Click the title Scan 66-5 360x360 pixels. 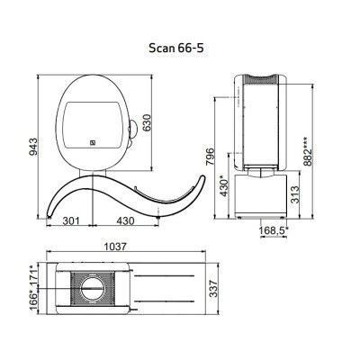click(x=176, y=48)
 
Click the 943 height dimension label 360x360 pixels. click(x=33, y=147)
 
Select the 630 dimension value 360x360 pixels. click(x=147, y=122)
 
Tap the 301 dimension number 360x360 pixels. click(x=71, y=221)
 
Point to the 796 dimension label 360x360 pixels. click(x=211, y=157)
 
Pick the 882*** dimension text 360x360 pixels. click(x=308, y=152)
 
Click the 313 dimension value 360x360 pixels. click(x=295, y=194)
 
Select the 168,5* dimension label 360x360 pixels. click(x=274, y=230)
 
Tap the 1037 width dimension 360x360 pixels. click(x=115, y=247)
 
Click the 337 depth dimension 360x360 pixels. click(x=213, y=289)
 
